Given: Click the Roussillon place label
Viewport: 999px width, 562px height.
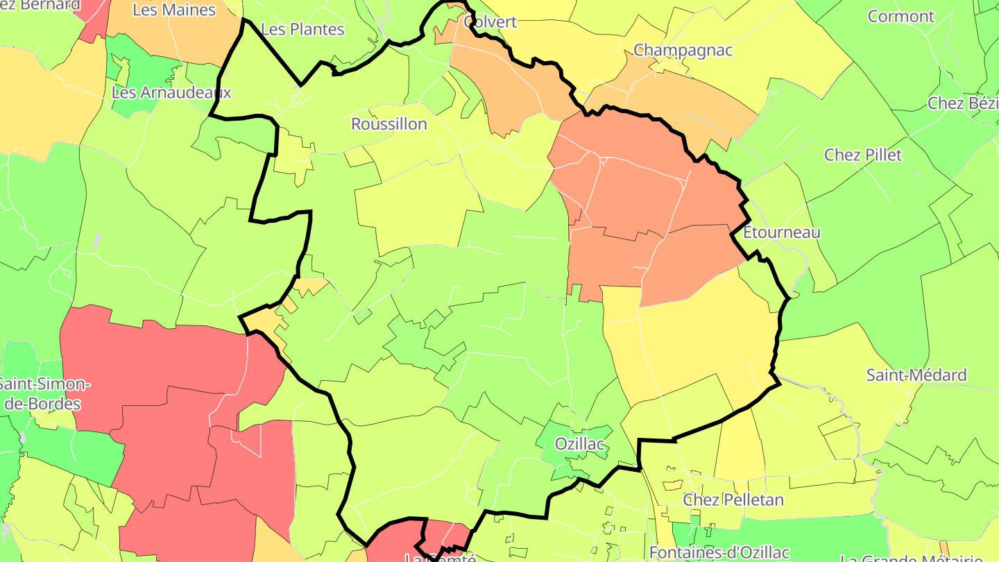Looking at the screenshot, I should pos(389,124).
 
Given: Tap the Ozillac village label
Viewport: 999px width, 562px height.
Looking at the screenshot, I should pos(580,444).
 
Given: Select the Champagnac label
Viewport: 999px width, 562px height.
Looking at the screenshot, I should pos(683,50).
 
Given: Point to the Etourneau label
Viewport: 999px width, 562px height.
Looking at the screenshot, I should pos(781,232).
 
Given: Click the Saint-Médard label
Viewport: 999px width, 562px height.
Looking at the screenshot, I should pos(916,375).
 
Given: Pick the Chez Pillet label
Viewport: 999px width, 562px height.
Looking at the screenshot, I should pos(863,155).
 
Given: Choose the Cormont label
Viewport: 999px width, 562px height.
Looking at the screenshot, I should pos(901,16).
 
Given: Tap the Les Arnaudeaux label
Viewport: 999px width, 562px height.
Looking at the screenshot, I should pos(171,92).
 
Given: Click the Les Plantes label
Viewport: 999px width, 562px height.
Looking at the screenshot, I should pos(302,29).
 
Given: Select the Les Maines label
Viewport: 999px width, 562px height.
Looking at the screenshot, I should pos(174,10).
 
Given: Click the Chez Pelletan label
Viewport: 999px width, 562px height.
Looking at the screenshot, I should pos(733,500).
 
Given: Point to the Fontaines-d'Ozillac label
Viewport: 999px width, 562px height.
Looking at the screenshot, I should pos(719,552).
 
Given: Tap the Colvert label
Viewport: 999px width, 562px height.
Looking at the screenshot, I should pos(491,22).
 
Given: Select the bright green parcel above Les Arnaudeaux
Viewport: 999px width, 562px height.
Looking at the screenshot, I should pos(139,62).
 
